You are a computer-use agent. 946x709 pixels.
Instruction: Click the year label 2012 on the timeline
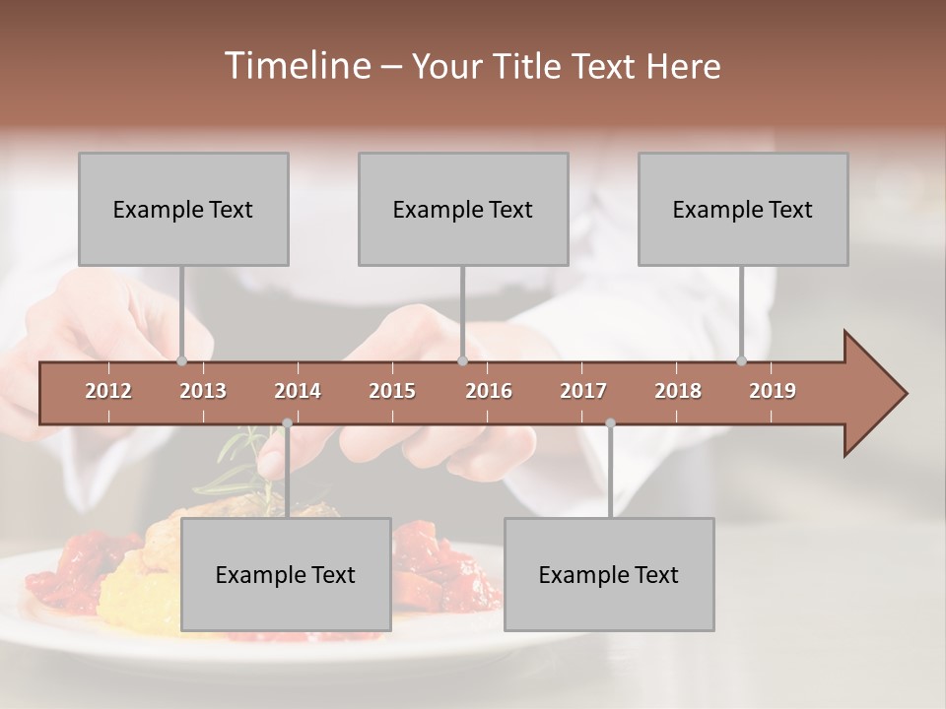108,391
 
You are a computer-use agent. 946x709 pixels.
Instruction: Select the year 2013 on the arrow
203,391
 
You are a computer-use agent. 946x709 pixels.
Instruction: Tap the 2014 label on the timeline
298,391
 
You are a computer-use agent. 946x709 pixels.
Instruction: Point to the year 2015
392,391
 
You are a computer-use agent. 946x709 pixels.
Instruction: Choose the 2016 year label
489,391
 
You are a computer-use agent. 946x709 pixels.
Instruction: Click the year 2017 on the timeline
583,391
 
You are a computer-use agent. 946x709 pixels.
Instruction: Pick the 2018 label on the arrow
678,391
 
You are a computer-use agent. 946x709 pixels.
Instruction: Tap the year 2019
773,391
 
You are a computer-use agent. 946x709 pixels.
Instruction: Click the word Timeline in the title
297,66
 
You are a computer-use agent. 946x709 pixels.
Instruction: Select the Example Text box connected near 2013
183,209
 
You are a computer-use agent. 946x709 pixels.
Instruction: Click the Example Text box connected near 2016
463,209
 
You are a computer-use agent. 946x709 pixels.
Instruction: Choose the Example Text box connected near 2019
743,209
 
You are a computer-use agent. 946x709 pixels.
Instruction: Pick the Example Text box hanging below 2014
286,574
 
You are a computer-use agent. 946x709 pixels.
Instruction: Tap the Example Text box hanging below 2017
609,574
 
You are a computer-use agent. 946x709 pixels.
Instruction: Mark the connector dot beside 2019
742,360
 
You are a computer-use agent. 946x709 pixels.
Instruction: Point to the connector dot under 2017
610,423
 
